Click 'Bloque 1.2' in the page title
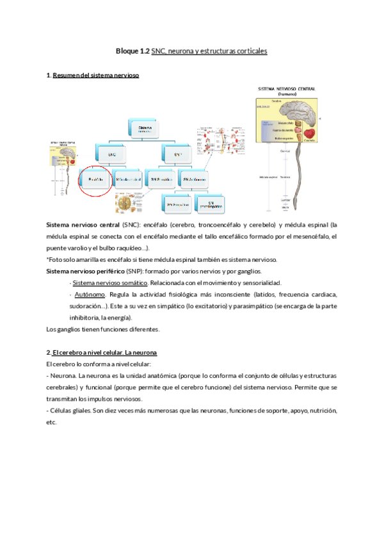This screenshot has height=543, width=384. [132, 50]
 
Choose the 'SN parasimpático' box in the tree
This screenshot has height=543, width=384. [208, 204]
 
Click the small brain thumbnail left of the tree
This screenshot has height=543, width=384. [64, 165]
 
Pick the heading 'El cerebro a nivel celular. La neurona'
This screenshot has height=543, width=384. [105, 353]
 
